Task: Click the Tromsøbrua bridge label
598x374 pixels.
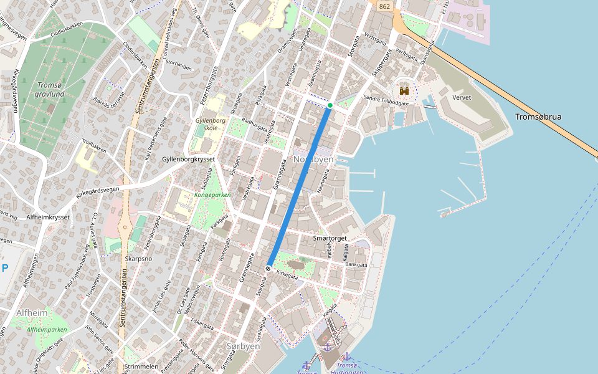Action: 539,117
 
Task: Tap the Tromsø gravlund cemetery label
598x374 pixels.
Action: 50,90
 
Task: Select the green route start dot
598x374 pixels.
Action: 330,105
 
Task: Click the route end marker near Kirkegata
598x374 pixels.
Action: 268,268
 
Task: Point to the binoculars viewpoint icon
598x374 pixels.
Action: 404,91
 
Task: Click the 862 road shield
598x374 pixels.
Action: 384,6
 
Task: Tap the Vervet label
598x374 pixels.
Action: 462,98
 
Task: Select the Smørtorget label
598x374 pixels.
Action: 330,238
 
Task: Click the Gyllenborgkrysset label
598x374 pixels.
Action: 188,160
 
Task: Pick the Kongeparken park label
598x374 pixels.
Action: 212,194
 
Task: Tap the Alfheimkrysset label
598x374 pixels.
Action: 48,217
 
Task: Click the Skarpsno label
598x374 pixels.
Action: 138,258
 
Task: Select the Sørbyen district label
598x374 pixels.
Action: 243,346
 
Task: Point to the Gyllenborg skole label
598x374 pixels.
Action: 210,123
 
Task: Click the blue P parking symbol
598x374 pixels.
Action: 5,269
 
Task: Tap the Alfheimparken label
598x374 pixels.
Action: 46,329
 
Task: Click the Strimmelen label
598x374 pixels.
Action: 142,367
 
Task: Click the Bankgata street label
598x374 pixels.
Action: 356,265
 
